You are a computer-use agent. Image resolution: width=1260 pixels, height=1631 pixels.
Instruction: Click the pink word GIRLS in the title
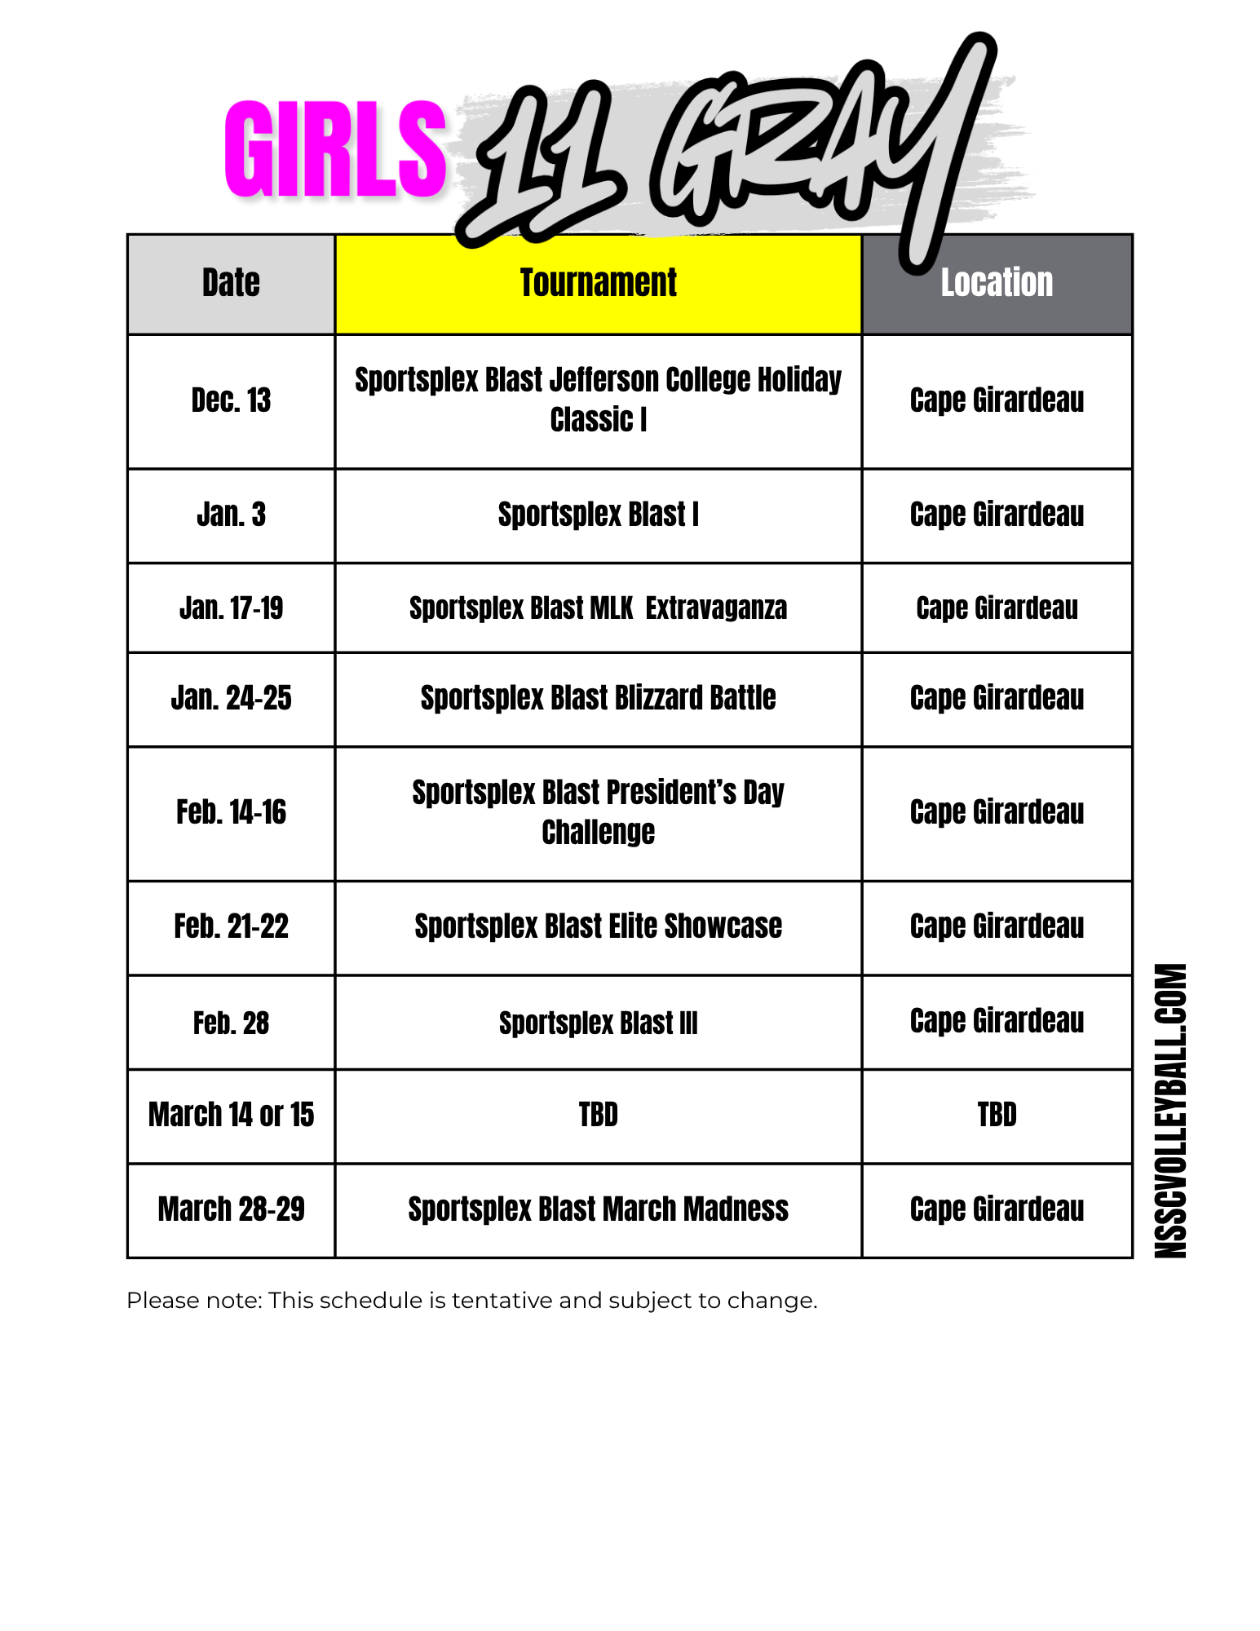click(335, 149)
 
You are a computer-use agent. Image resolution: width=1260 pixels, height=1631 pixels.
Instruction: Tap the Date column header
click(231, 283)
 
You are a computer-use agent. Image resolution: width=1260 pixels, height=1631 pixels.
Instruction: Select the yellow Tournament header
click(598, 283)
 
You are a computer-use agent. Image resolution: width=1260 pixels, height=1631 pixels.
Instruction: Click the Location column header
click(997, 283)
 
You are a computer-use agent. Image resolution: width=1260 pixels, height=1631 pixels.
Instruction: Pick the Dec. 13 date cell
click(231, 400)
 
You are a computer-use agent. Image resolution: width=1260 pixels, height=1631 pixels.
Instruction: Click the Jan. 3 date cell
click(231, 515)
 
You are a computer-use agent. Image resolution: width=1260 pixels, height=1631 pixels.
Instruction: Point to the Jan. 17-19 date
click(231, 608)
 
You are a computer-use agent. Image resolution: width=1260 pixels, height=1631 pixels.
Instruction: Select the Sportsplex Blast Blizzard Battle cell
click(598, 698)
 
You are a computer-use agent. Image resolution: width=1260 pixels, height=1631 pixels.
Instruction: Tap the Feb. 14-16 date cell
click(231, 812)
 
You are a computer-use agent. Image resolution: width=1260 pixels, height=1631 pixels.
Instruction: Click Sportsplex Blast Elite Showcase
click(598, 926)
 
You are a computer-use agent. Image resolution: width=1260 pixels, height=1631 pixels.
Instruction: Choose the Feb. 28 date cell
click(231, 1023)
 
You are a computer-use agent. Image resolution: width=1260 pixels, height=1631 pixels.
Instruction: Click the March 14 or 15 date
click(231, 1115)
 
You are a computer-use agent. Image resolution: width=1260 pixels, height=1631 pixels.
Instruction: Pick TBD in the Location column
click(997, 1115)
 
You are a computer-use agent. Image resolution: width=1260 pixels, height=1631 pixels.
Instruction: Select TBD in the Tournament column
click(598, 1115)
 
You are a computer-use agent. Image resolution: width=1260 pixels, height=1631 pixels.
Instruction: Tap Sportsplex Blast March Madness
click(598, 1209)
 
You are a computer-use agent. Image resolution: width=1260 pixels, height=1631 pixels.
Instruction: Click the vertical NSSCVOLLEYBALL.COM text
click(1170, 1111)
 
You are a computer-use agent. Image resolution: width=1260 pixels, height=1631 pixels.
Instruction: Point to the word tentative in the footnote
click(502, 1300)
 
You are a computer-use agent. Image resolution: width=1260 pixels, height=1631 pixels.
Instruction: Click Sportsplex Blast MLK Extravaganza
click(598, 608)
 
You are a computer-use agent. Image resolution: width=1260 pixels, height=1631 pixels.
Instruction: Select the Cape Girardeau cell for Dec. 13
click(997, 400)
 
